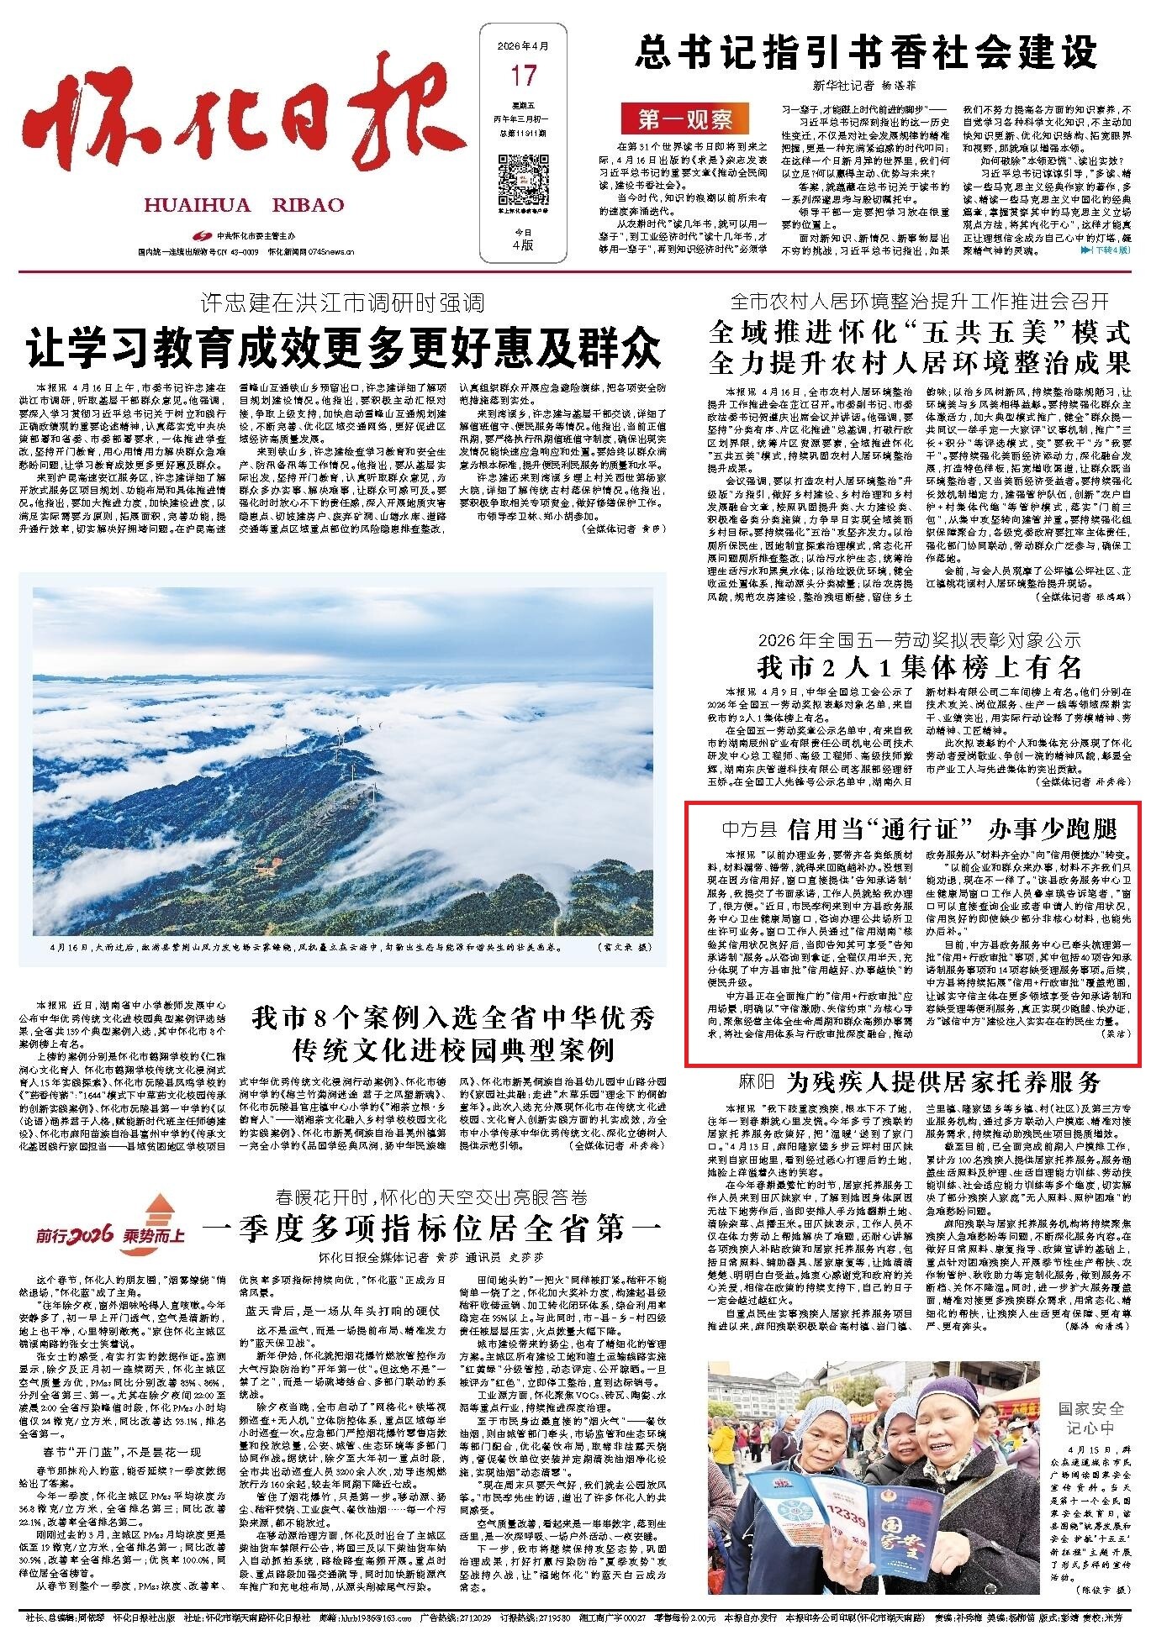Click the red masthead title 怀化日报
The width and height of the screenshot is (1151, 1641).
pos(244,118)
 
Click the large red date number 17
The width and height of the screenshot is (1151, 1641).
pos(523,77)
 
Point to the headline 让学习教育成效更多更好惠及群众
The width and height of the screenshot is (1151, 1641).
pos(344,348)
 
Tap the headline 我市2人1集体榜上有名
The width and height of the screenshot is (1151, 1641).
pos(921,668)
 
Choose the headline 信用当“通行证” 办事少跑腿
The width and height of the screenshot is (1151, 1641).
pos(952,830)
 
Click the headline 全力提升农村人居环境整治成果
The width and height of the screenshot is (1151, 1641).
pos(921,362)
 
